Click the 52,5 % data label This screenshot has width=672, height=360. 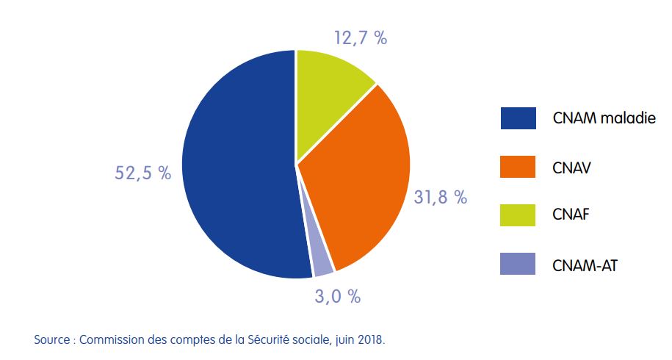[143, 173]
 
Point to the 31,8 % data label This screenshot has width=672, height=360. [440, 197]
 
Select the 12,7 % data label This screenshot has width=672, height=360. [360, 39]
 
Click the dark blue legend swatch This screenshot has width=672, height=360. [518, 118]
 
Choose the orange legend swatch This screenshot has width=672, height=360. [518, 167]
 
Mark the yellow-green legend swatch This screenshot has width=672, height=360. [518, 215]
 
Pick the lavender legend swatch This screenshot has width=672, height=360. [518, 263]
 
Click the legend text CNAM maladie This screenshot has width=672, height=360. [604, 118]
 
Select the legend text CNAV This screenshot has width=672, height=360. [571, 167]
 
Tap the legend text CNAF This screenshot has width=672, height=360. [571, 215]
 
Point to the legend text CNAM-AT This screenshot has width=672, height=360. [585, 263]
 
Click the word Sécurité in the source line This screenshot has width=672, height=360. [252, 340]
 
